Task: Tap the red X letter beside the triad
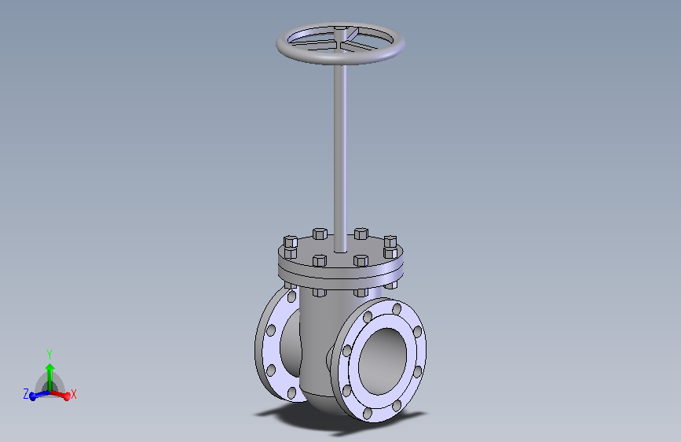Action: (74, 394)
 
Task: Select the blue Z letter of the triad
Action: (25, 393)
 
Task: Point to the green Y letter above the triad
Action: (49, 355)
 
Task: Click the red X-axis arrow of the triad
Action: (62, 392)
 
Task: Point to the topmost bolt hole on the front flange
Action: (396, 308)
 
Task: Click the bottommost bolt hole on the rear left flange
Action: (292, 392)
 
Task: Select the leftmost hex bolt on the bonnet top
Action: (288, 242)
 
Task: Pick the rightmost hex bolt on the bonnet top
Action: (390, 240)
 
